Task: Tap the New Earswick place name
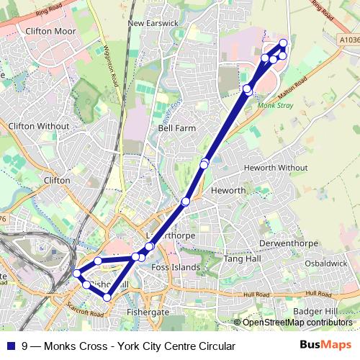pyautogui.click(x=152, y=23)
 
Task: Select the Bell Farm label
pyautogui.click(x=176, y=127)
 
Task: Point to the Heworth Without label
pyautogui.click(x=276, y=167)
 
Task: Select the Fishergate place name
pyautogui.click(x=147, y=312)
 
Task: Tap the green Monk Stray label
pyautogui.click(x=272, y=104)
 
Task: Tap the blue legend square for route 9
pyautogui.click(x=10, y=346)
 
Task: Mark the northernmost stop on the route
pyautogui.click(x=283, y=43)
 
